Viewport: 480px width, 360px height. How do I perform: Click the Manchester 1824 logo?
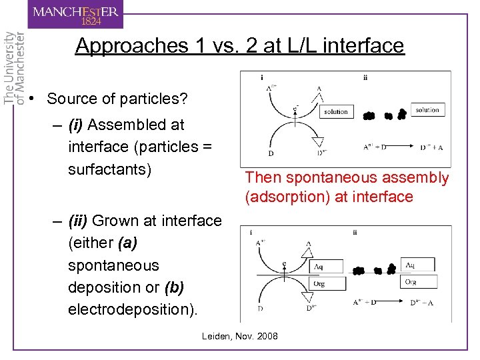[x=75, y=15]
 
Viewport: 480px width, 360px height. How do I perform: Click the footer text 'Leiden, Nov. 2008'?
[x=240, y=336]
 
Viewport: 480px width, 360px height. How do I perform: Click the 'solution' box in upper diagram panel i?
[x=336, y=111]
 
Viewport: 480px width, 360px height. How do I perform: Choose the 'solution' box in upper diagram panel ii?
[x=427, y=109]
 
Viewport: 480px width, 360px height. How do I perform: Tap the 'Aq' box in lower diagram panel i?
[x=327, y=266]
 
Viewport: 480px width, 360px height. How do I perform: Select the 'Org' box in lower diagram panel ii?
[x=417, y=282]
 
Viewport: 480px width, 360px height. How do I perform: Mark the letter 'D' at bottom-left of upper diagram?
[x=271, y=153]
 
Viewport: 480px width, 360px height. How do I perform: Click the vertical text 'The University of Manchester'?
[x=15, y=67]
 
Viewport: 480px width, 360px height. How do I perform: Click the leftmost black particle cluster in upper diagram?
[x=369, y=116]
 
